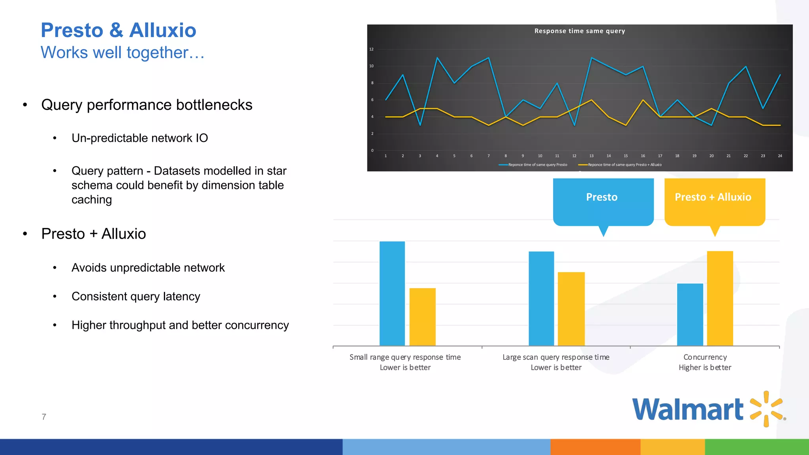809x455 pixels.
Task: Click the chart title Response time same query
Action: click(x=579, y=31)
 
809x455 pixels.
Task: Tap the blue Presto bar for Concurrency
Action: click(x=690, y=314)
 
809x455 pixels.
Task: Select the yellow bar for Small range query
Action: click(x=422, y=317)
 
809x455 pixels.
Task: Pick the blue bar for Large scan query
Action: click(x=541, y=298)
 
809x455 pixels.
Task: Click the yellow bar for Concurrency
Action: click(x=720, y=298)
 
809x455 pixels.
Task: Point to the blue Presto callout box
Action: click(x=603, y=201)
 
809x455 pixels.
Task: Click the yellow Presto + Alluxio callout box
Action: click(x=714, y=201)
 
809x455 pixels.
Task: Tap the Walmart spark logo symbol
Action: click(x=766, y=409)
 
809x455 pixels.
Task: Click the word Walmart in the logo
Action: click(x=688, y=410)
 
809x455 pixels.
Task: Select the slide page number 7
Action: click(x=44, y=417)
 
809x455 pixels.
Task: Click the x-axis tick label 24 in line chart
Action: click(x=780, y=156)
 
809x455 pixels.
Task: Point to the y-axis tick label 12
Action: click(x=371, y=49)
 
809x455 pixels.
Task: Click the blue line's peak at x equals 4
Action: click(x=437, y=58)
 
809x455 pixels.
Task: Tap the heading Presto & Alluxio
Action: click(x=119, y=30)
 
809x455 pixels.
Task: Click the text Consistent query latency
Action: click(x=136, y=296)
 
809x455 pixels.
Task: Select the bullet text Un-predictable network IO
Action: click(x=139, y=138)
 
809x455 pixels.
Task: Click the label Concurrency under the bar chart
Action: click(x=705, y=357)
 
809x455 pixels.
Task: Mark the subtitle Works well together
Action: click(x=122, y=53)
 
